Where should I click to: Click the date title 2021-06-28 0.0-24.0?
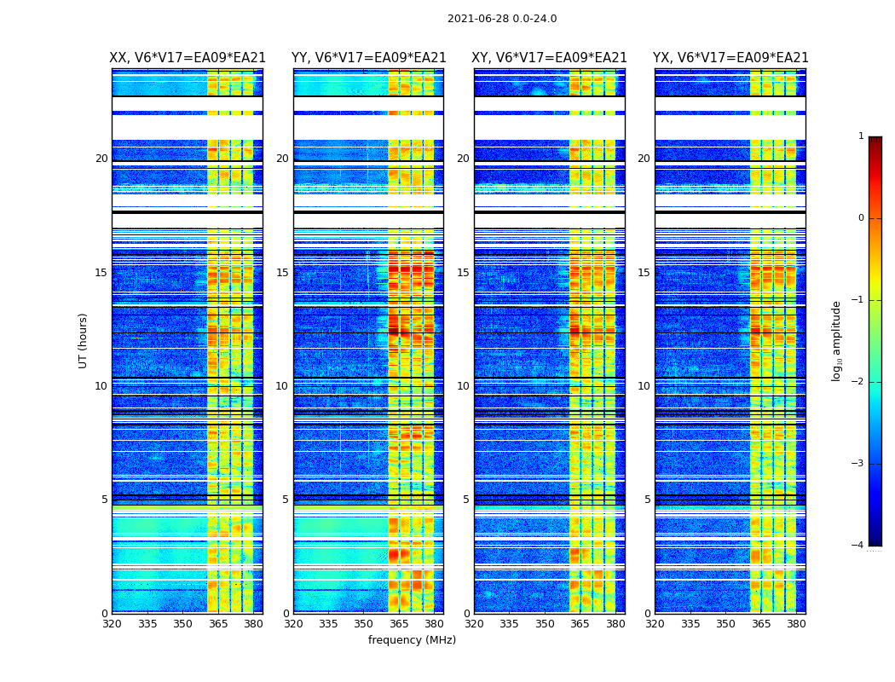pyautogui.click(x=502, y=19)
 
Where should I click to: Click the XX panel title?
pyautogui.click(x=188, y=58)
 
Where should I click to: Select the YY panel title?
pyautogui.click(x=368, y=58)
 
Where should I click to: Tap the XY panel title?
pyautogui.click(x=549, y=58)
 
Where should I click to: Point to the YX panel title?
pyautogui.click(x=730, y=58)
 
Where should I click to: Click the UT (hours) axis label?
pyautogui.click(x=83, y=340)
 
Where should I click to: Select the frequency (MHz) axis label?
pyautogui.click(x=412, y=640)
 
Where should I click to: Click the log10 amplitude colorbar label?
pyautogui.click(x=836, y=340)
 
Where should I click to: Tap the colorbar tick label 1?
pyautogui.click(x=861, y=136)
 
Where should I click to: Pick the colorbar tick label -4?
pyautogui.click(x=858, y=546)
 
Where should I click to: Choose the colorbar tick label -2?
pyautogui.click(x=858, y=382)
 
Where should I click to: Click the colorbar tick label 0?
pyautogui.click(x=861, y=218)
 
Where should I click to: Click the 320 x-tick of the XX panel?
pyautogui.click(x=112, y=624)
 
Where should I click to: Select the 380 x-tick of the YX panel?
pyautogui.click(x=796, y=624)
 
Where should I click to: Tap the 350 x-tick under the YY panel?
pyautogui.click(x=364, y=624)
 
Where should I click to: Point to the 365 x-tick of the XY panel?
pyautogui.click(x=580, y=624)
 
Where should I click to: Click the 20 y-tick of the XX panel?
pyautogui.click(x=101, y=159)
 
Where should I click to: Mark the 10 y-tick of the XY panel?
pyautogui.click(x=463, y=386)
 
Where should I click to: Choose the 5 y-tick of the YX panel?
pyautogui.click(x=647, y=500)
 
